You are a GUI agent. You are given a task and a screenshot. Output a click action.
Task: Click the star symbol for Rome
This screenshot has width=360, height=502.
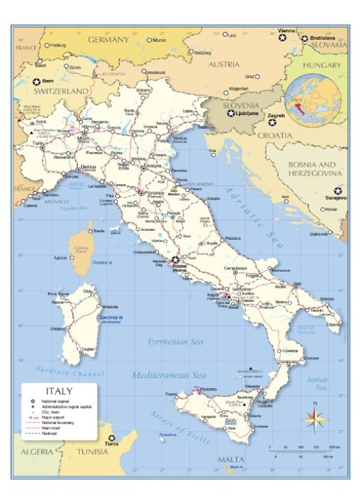175,259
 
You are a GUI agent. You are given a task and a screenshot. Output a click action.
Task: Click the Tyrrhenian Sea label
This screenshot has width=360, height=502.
174,342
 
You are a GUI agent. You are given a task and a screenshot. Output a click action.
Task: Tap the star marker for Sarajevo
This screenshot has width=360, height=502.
338,190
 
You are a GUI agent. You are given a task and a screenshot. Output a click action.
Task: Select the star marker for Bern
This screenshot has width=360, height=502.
37,82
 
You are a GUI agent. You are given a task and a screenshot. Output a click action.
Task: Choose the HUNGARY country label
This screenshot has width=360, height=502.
322,66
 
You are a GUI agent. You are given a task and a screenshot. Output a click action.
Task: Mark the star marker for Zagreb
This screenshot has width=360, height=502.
273,122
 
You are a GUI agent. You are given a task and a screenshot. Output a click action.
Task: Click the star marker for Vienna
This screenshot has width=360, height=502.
283,38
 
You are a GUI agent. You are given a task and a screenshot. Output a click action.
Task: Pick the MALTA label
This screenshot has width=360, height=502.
231,459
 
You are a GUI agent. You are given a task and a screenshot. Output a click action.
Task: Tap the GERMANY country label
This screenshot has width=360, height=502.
108,40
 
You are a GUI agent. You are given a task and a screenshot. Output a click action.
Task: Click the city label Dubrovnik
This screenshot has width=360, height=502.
319,234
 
